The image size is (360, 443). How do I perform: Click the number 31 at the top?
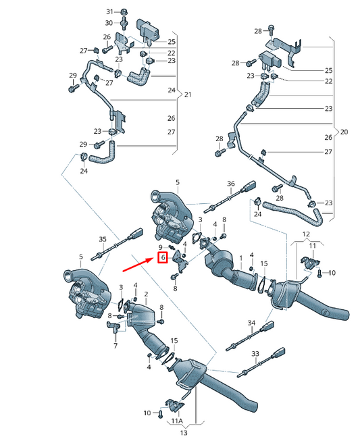(110, 12)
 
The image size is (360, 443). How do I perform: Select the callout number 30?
(110, 23)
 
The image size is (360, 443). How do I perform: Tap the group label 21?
(188, 94)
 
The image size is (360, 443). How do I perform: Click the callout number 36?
(230, 184)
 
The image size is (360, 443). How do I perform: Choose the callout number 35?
(103, 239)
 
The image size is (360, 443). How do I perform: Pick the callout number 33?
(255, 353)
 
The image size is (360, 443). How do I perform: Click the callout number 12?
(306, 234)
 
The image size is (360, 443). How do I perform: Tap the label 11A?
(176, 421)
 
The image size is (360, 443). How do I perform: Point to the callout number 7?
(115, 345)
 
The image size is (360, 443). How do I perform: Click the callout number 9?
(162, 248)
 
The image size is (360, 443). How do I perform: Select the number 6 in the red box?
(163, 257)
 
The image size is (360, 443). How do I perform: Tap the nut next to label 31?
(124, 12)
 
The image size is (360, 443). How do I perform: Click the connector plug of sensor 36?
(255, 187)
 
